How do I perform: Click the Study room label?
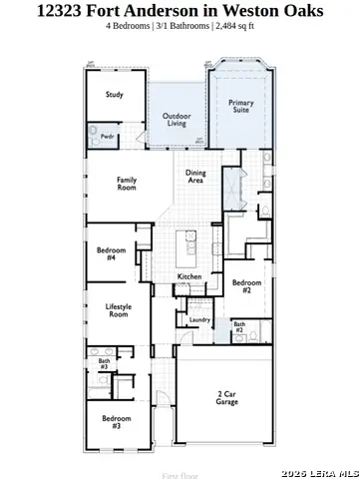pyautogui.click(x=115, y=96)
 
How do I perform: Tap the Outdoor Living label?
pyautogui.click(x=177, y=120)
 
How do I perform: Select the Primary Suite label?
pyautogui.click(x=240, y=107)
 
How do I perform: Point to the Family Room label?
pyautogui.click(x=127, y=183)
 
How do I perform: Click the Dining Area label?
pyautogui.click(x=195, y=177)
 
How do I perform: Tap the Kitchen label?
pyautogui.click(x=190, y=276)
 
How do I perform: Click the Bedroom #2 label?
pyautogui.click(x=247, y=287)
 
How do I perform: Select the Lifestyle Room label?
pyautogui.click(x=119, y=310)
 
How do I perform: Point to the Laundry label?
pyautogui.click(x=200, y=319)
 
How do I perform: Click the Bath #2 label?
pyautogui.click(x=239, y=326)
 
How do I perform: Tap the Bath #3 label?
pyautogui.click(x=104, y=364)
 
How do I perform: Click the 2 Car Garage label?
pyautogui.click(x=226, y=397)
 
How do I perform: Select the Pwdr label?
pyautogui.click(x=107, y=137)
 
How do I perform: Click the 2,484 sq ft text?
pyautogui.click(x=236, y=25)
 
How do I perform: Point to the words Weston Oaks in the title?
pyautogui.click(x=281, y=10)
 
